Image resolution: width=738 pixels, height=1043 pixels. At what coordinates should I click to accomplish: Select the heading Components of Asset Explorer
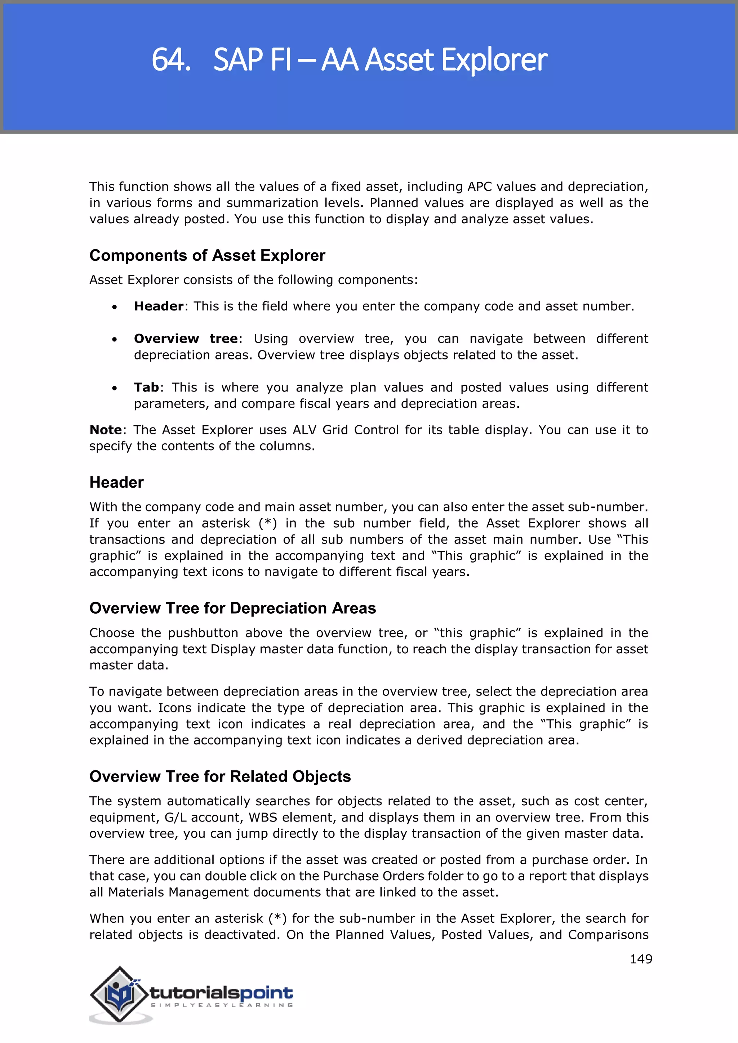(x=207, y=255)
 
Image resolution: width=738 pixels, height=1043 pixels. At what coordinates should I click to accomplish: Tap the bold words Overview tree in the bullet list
(x=186, y=339)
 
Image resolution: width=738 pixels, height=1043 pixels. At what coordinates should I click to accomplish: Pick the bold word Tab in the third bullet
(x=146, y=387)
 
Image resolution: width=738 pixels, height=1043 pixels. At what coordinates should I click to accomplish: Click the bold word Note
(x=106, y=430)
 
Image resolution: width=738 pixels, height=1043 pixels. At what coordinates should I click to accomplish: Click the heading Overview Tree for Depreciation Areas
(x=233, y=608)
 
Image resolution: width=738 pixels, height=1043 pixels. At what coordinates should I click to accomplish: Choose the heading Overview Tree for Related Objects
(x=220, y=776)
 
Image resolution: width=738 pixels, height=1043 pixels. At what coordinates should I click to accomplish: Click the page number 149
(x=641, y=959)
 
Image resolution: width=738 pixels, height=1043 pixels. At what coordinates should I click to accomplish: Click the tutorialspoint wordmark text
(x=221, y=993)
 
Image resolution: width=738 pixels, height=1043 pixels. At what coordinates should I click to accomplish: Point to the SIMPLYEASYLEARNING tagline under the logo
(x=222, y=1005)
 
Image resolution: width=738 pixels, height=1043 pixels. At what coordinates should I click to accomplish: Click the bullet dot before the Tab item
(x=115, y=388)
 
